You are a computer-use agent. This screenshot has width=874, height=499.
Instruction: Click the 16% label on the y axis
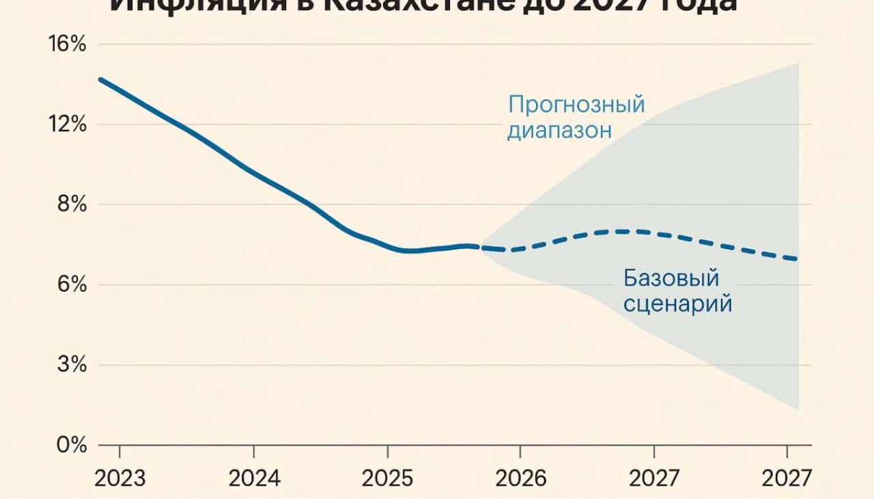[67, 44]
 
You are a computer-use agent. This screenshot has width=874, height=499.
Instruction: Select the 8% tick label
[72, 204]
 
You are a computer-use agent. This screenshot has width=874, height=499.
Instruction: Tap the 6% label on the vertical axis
[72, 284]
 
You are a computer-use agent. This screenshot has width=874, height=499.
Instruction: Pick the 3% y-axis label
[72, 365]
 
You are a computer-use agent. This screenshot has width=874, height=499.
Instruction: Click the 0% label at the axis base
[72, 446]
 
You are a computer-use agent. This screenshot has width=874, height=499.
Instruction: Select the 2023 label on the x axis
[120, 478]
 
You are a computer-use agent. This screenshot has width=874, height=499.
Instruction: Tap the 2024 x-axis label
[254, 478]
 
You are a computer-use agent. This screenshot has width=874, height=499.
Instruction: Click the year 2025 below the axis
[387, 478]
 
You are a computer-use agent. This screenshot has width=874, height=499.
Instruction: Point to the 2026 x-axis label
[520, 478]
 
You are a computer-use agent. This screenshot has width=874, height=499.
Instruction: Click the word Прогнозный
[576, 105]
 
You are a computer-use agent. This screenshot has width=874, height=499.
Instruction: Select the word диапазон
[559, 130]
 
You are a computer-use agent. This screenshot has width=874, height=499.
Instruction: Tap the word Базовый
[671, 278]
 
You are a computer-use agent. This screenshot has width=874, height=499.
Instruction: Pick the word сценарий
[677, 303]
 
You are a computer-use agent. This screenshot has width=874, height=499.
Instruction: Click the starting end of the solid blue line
[100, 79]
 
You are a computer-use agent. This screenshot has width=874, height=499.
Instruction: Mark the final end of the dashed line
[796, 259]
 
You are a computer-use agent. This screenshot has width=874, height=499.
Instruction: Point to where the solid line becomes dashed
[480, 247]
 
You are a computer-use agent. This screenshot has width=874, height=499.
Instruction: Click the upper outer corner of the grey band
[798, 63]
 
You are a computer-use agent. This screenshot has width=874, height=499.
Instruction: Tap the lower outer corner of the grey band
[798, 410]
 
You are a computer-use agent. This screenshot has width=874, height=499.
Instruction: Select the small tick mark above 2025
[387, 451]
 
